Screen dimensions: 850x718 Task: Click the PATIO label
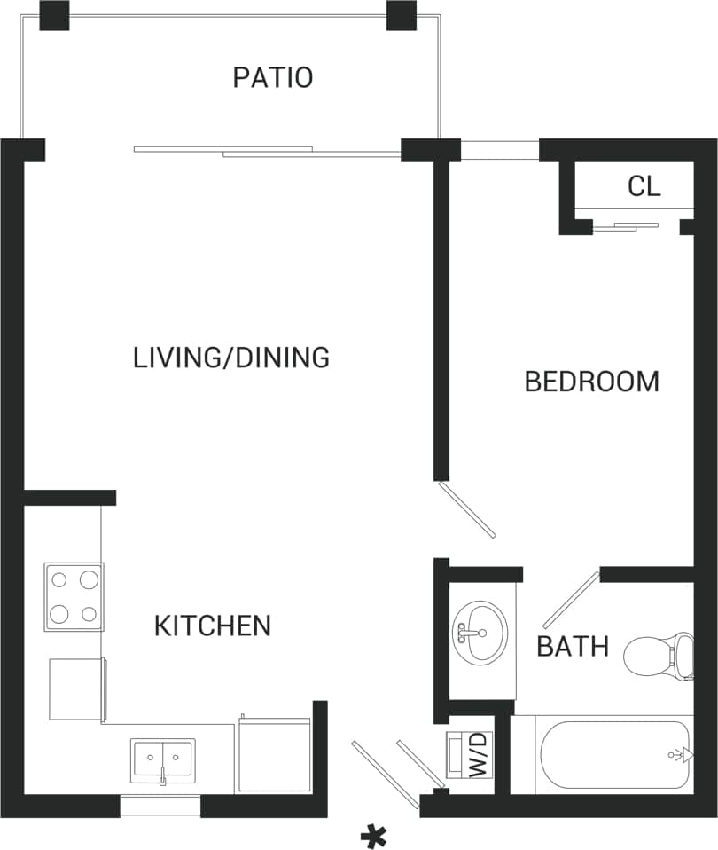(272, 77)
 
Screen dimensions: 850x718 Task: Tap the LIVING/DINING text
(231, 358)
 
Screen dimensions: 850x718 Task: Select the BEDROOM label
(591, 382)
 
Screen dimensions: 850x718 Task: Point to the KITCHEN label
(213, 626)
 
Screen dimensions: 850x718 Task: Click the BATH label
(573, 646)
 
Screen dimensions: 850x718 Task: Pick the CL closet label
(644, 186)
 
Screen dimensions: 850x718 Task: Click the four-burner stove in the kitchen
(74, 596)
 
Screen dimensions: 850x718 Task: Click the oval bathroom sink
(479, 632)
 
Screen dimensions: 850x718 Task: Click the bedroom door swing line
(467, 509)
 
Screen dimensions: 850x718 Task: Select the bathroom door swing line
(571, 601)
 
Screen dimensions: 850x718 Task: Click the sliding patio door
(266, 152)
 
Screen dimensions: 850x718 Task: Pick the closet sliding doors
(626, 226)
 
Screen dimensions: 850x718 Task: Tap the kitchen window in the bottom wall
(160, 807)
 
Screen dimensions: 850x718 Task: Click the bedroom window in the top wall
(499, 150)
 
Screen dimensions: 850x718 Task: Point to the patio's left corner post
(54, 15)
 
